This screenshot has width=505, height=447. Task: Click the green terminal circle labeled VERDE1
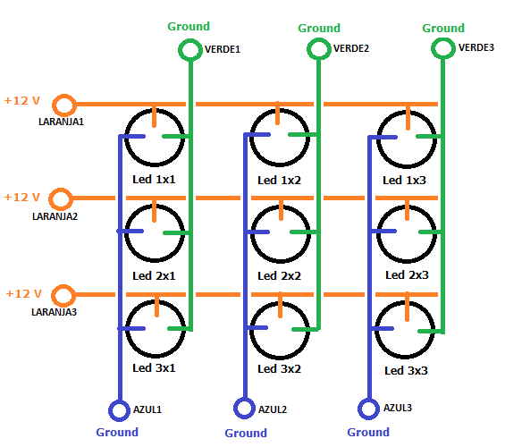pos(190,40)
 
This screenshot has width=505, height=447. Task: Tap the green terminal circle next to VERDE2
pos(318,39)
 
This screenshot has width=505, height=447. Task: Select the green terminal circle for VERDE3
pos(443,39)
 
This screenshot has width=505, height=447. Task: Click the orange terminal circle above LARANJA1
pos(64,96)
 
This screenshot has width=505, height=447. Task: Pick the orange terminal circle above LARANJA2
pos(61,190)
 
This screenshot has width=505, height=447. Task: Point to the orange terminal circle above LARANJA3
pos(63,286)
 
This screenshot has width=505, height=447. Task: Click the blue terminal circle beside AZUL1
pos(119,401)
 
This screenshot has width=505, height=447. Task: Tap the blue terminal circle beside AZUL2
pos(244,400)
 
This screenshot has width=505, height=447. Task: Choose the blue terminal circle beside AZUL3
pos(368,400)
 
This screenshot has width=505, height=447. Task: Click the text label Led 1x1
pos(154,180)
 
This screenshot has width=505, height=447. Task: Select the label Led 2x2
pos(279,276)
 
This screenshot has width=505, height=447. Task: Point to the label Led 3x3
pos(406,371)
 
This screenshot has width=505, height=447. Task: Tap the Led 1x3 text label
pos(404,181)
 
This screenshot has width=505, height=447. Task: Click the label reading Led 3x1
pos(154,368)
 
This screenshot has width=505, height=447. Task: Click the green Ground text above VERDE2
pos(319,29)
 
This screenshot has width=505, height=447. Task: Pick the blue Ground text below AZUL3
pos(368,432)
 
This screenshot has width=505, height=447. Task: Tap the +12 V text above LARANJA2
pos(22,197)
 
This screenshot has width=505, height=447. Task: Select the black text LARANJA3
pos(55,312)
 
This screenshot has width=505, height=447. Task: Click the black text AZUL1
pos(147,409)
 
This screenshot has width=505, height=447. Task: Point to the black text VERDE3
pos(476,47)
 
